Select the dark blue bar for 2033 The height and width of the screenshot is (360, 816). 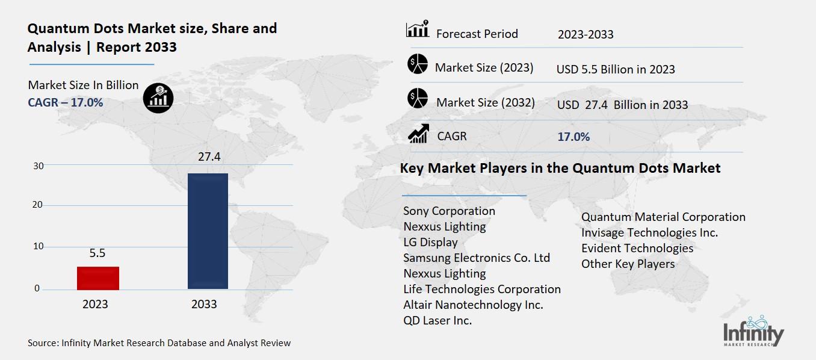tap(208, 231)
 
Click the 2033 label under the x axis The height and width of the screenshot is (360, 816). tap(204, 304)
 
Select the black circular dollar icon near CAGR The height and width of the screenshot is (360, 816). tap(158, 98)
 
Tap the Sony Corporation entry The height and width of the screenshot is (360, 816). tap(449, 211)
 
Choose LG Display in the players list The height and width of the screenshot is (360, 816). tap(430, 242)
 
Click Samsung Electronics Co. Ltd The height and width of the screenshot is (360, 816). tap(477, 258)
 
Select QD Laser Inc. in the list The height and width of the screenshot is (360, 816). tap(437, 320)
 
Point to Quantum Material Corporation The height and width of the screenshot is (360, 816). tap(663, 217)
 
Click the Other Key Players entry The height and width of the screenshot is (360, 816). tap(628, 264)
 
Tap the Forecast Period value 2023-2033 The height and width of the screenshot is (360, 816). tap(586, 34)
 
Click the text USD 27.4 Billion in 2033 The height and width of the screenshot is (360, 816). tap(622, 105)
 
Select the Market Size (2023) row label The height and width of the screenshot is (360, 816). tap(484, 67)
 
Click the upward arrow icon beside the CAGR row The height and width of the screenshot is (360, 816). tap(418, 134)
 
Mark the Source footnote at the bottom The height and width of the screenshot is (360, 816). tap(159, 343)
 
